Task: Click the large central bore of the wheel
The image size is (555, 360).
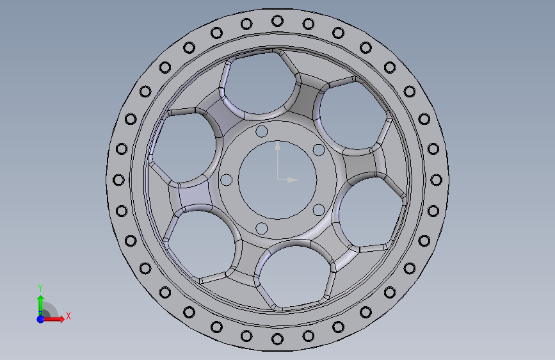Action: pos(278,180)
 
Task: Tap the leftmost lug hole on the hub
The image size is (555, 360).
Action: pos(227,180)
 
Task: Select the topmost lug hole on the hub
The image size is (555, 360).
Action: pos(262,131)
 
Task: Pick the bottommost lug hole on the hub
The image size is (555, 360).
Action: pos(262,229)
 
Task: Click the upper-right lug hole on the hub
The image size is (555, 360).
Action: pos(319,150)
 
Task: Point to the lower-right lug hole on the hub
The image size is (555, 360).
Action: pos(319,209)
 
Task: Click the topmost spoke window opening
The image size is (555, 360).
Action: pos(259,83)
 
